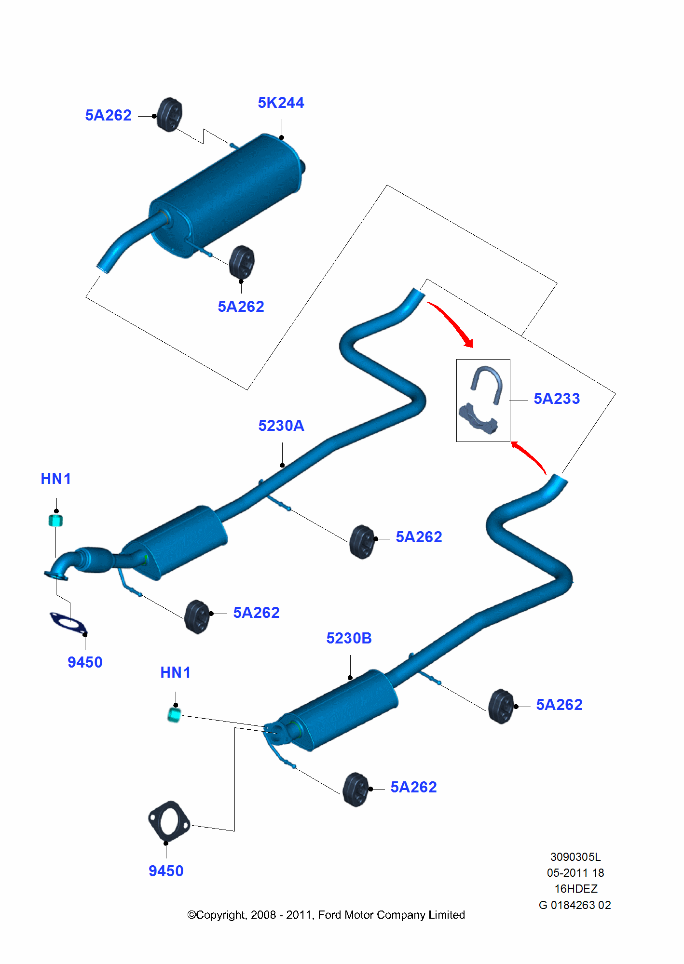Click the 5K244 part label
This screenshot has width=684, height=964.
click(x=281, y=103)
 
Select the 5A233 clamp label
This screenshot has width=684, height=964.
click(x=556, y=399)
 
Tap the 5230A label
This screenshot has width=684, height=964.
click(x=281, y=426)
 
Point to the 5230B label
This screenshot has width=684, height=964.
click(x=349, y=638)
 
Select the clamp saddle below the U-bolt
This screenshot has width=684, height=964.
click(x=478, y=419)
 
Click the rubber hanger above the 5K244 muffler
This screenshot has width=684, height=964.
click(x=170, y=114)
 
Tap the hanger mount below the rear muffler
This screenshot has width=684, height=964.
click(x=242, y=262)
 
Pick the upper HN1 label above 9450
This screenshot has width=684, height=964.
click(x=55, y=479)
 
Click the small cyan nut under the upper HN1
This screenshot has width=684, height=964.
click(x=56, y=521)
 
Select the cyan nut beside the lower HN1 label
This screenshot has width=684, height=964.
click(x=174, y=715)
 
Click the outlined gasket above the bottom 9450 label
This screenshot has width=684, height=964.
click(x=168, y=821)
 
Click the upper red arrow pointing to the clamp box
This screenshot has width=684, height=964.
click(x=451, y=322)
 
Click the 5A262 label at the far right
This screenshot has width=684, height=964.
click(x=559, y=705)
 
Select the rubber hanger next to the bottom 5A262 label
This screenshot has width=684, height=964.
click(x=356, y=789)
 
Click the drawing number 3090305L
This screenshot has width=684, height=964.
click(x=575, y=857)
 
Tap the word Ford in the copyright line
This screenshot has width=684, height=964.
click(x=329, y=915)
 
